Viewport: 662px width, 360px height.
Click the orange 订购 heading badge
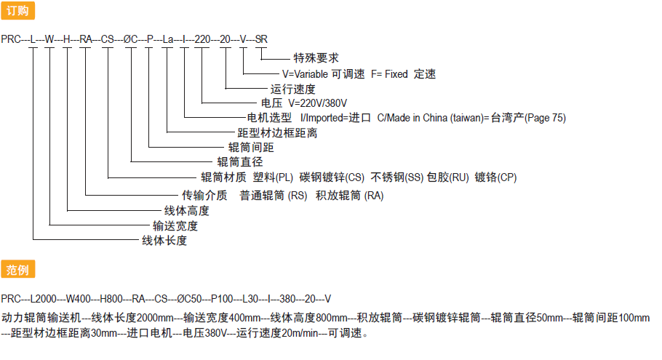tap(17, 11)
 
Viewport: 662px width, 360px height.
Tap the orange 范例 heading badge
tap(17, 269)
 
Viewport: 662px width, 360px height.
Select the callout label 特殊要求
tap(316, 58)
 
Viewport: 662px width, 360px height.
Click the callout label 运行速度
tap(293, 89)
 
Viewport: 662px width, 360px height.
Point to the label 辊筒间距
tap(251, 148)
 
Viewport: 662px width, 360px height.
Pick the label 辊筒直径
tap(240, 161)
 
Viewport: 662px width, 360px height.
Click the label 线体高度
tap(187, 211)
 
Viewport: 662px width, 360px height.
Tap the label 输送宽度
tap(175, 225)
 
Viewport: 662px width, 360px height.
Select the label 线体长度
tap(164, 241)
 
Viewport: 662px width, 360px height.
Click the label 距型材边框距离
tap(277, 133)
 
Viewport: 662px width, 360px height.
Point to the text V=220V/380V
tap(317, 103)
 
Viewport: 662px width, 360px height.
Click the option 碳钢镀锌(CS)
tap(332, 177)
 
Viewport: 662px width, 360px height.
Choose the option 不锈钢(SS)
tap(397, 177)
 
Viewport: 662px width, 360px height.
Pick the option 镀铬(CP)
tap(495, 177)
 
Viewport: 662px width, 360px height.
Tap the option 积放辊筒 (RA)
tap(350, 196)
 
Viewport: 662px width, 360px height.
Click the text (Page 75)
tap(545, 118)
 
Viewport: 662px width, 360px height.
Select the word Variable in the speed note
tap(311, 74)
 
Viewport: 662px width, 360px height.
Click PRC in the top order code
tap(11, 39)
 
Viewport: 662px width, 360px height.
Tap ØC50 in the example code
tap(189, 299)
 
